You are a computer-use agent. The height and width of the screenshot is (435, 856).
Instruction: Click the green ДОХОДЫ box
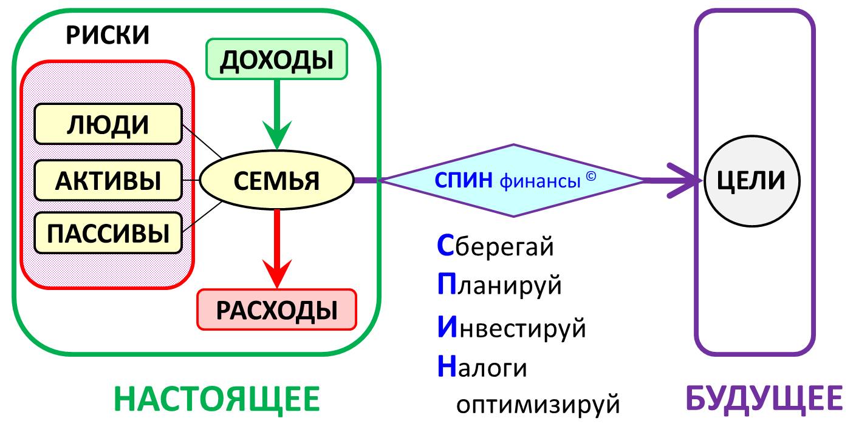(276, 59)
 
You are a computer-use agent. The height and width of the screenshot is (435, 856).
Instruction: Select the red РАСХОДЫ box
(276, 309)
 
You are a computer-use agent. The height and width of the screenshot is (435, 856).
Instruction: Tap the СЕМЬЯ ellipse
(276, 180)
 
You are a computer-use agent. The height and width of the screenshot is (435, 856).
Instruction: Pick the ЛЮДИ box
(108, 124)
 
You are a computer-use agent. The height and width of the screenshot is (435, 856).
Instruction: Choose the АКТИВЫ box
(108, 180)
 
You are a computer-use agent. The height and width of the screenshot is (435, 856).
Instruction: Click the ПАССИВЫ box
(108, 233)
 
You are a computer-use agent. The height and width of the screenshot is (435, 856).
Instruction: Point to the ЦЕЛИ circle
(752, 181)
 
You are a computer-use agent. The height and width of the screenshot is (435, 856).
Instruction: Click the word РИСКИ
(108, 35)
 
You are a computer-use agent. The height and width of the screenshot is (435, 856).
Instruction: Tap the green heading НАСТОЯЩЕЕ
(217, 399)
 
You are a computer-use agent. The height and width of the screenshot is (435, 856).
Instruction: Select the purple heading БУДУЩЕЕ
(764, 399)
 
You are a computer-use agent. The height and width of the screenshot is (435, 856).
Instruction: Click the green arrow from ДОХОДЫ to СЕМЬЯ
(277, 115)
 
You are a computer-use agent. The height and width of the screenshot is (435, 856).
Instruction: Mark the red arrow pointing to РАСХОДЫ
(277, 249)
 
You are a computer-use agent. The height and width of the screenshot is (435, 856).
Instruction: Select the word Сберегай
(495, 246)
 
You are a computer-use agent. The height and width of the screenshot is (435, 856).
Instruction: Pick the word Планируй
(499, 285)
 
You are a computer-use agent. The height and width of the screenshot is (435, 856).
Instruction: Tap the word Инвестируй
(512, 328)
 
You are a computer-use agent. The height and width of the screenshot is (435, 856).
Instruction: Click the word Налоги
(482, 366)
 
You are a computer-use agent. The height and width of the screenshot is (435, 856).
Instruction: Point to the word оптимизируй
(538, 404)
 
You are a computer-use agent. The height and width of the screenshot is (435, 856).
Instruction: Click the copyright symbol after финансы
(591, 176)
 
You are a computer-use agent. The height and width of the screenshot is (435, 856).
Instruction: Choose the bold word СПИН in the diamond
(464, 180)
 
